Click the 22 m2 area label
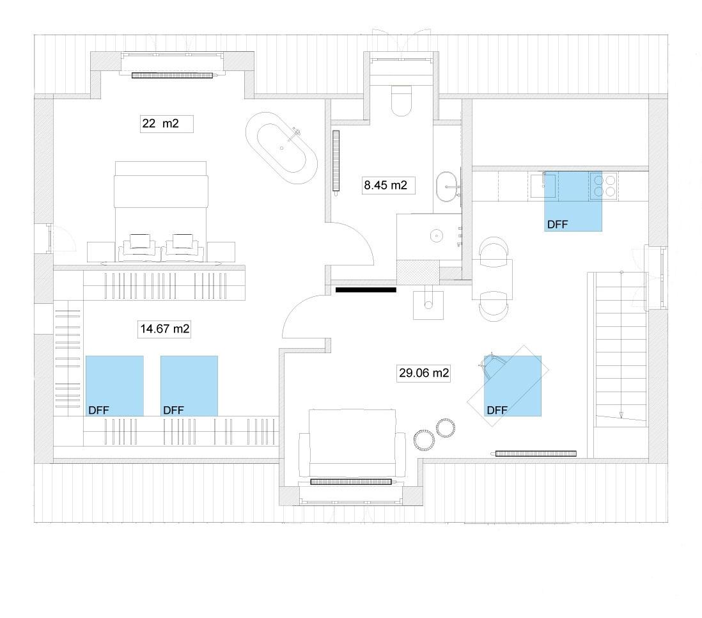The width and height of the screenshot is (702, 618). tap(160, 123)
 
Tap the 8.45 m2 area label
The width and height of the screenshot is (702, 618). tap(386, 185)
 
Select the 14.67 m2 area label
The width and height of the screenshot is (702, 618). tap(165, 328)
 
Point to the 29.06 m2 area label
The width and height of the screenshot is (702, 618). tap(423, 372)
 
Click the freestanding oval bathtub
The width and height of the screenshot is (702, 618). tap(281, 148)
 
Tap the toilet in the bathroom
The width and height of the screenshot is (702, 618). tap(401, 100)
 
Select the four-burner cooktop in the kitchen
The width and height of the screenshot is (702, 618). tap(604, 186)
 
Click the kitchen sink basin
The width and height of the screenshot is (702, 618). tap(543, 186)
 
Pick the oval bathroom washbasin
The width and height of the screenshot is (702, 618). tap(448, 186)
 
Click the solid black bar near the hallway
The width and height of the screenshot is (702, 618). tap(366, 290)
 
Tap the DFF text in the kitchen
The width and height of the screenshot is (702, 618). tap(558, 224)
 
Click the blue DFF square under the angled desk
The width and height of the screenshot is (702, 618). tap(513, 386)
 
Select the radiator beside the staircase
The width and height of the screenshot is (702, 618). tap(536, 454)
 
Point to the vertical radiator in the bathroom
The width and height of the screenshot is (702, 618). tap(336, 161)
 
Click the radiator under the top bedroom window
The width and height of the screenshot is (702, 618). tap(173, 75)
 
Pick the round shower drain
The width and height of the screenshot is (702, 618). tap(436, 234)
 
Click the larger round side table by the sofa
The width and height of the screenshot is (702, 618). tap(424, 440)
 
